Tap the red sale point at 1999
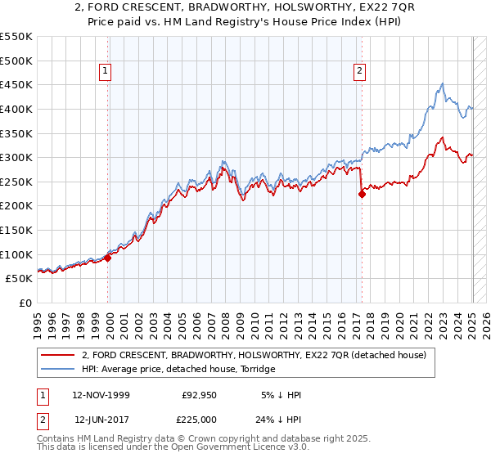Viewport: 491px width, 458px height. pos(108,258)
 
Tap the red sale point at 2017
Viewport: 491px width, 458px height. pos(362,194)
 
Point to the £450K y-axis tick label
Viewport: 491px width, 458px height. pos(16,84)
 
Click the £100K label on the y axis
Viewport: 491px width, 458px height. pos(16,254)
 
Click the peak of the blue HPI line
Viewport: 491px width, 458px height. pos(442,83)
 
